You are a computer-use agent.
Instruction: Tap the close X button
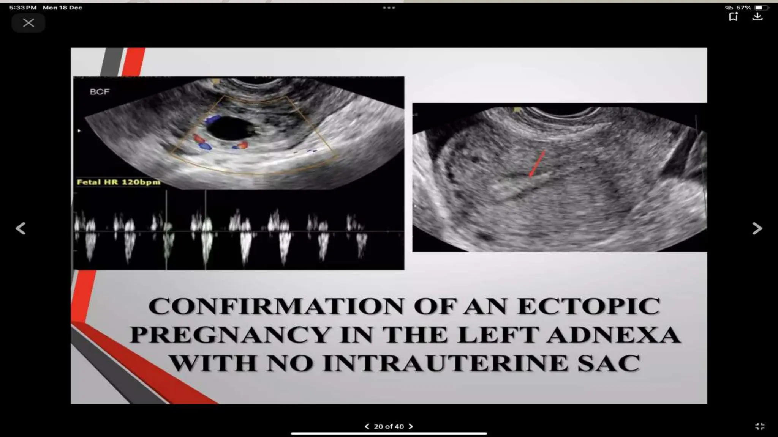coord(28,23)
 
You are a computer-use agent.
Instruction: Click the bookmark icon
coord(733,17)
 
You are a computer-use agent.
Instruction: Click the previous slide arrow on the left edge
coord(21,228)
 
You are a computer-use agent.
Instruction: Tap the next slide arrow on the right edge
coord(757,228)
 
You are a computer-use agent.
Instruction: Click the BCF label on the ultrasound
coord(100,92)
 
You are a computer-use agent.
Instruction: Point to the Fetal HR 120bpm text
coord(119,182)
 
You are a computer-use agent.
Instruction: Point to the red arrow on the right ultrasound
coord(537,163)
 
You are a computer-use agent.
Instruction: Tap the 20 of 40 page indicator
coord(389,426)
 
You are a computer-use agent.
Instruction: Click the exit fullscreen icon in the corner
coord(760,426)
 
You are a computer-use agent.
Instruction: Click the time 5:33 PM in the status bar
coord(23,8)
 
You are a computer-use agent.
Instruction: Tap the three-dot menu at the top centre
coord(389,8)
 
